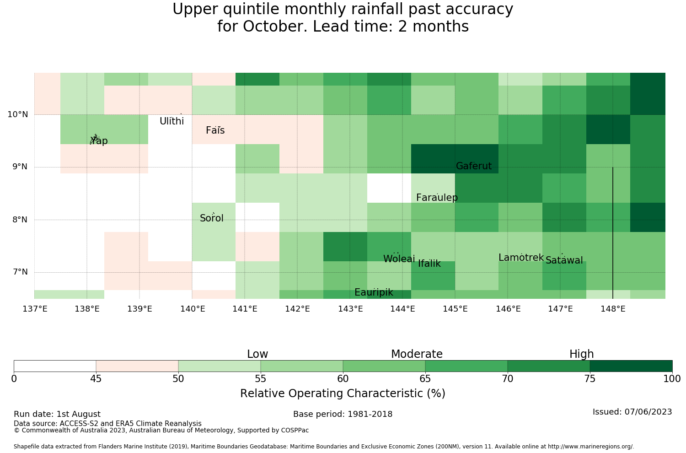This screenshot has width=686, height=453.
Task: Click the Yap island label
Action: tap(99, 141)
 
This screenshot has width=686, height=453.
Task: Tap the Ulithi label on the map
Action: tap(172, 121)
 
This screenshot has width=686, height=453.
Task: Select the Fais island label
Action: tap(215, 130)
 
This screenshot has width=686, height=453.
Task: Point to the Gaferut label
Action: tap(474, 166)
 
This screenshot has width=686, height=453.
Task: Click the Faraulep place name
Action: tap(437, 198)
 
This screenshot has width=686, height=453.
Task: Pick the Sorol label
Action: tap(212, 218)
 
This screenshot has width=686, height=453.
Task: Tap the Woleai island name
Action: tap(399, 259)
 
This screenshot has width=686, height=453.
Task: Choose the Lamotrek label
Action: tap(521, 258)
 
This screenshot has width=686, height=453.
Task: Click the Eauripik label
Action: tap(374, 292)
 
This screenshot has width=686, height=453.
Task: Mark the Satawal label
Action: tap(564, 260)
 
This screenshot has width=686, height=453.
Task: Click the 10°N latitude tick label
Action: tap(18, 115)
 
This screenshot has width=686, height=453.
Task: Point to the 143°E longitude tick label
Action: tap(350, 309)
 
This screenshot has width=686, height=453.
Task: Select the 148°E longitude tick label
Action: tap(613, 309)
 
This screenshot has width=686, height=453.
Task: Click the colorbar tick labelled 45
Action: tap(96, 379)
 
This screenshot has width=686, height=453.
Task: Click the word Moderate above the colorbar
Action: tap(417, 354)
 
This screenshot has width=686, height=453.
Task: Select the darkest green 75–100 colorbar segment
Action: tap(631, 366)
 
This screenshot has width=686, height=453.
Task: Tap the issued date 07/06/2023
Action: tap(648, 412)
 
